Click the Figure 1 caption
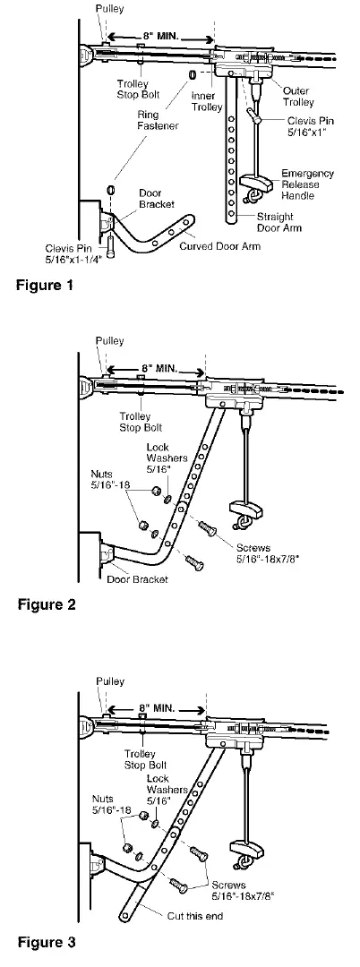pyautogui.click(x=45, y=286)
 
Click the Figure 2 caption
pyautogui.click(x=47, y=604)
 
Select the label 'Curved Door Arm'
pyautogui.click(x=219, y=246)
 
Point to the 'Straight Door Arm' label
pyautogui.click(x=274, y=222)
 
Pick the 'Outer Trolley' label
pyautogui.click(x=298, y=96)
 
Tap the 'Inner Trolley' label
pyautogui.click(x=202, y=102)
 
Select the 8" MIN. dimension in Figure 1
pyautogui.click(x=159, y=37)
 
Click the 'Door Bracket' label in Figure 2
pyautogui.click(x=138, y=579)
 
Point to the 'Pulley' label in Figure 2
pyautogui.click(x=110, y=340)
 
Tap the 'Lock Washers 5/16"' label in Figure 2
pyautogui.click(x=161, y=458)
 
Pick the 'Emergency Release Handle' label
pyautogui.click(x=307, y=184)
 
